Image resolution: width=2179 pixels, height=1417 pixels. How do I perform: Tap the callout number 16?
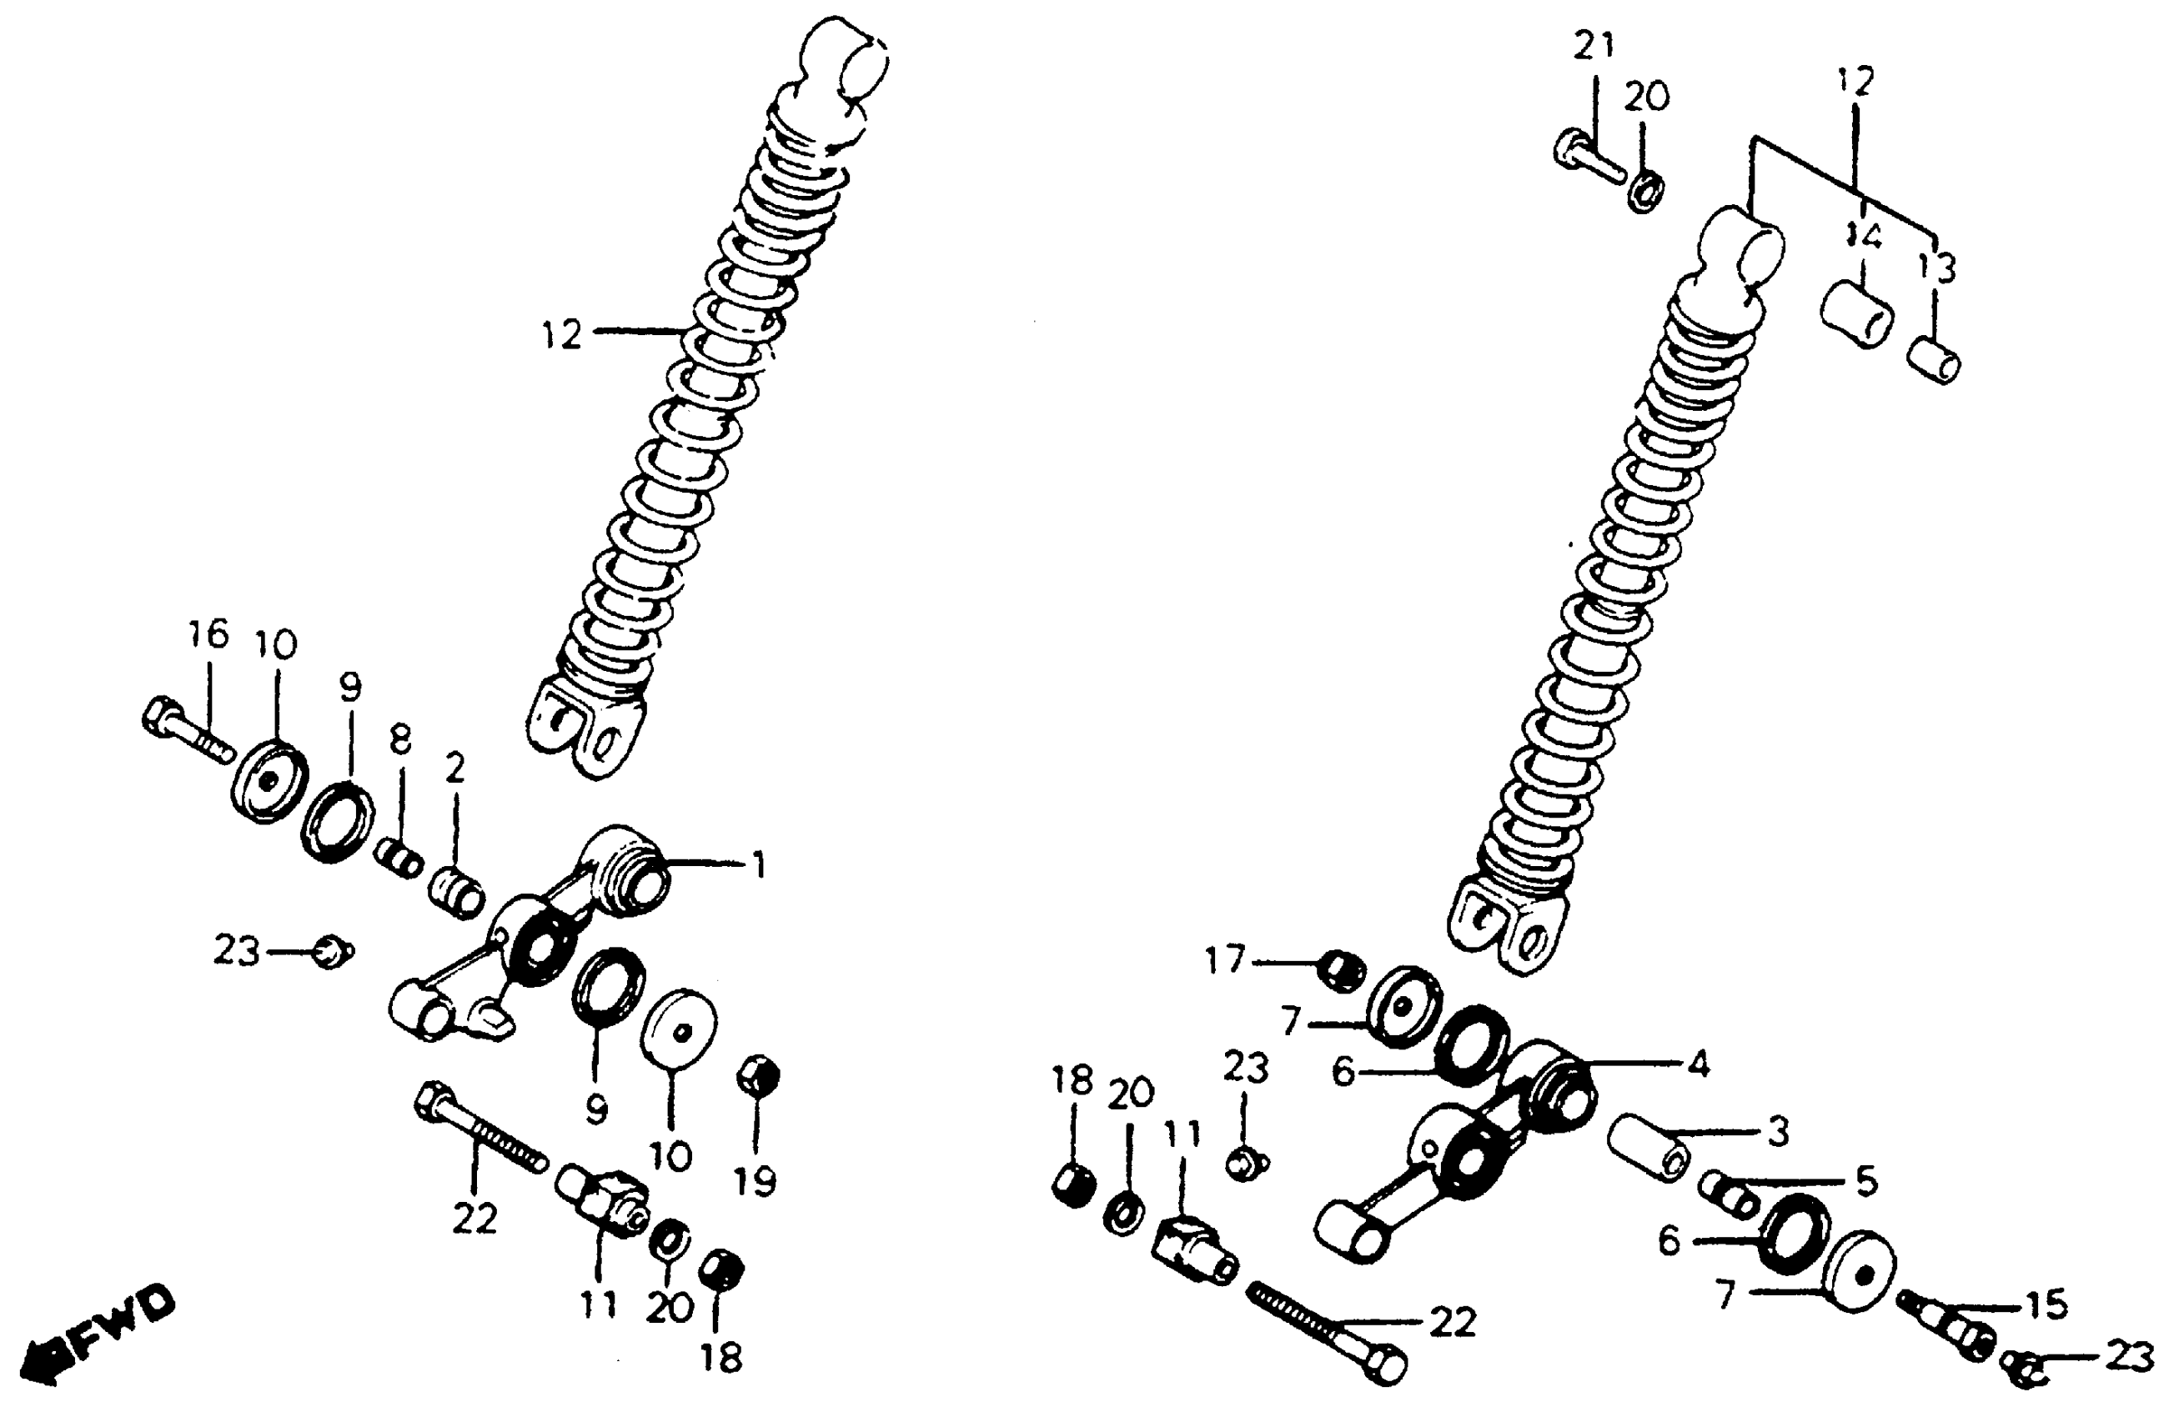208,634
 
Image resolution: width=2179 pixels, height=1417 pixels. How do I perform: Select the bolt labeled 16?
183,734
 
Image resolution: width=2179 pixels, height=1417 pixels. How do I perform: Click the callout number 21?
1594,45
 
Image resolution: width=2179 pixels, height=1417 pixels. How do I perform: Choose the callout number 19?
756,1182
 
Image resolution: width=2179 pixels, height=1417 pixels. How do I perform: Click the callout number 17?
1225,960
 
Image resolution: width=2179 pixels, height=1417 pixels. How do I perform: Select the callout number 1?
757,865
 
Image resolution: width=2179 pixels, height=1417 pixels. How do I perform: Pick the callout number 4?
1699,1064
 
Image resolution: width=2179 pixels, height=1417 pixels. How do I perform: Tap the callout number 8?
400,739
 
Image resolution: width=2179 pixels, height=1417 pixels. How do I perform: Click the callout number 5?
1865,1181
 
